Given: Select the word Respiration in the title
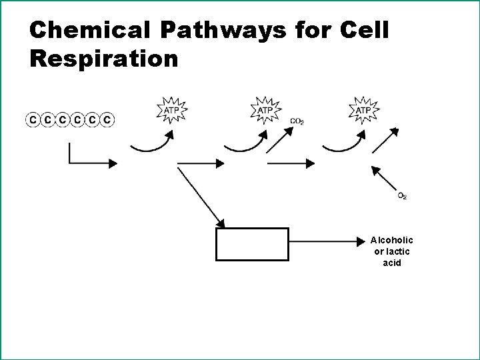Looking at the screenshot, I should coord(104,59).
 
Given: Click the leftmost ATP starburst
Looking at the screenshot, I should coord(171,109).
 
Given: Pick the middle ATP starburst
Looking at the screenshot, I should coord(266,109).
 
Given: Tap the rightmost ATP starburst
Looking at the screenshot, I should coord(364,109).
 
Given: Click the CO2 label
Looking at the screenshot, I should coord(298,121).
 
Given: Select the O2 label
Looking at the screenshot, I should coord(403,195).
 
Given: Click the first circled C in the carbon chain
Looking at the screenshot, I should coord(32,120).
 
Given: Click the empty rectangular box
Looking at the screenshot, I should coord(253,244).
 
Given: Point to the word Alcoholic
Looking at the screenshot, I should coord(392,240).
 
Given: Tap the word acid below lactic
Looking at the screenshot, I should coord(392,262).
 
